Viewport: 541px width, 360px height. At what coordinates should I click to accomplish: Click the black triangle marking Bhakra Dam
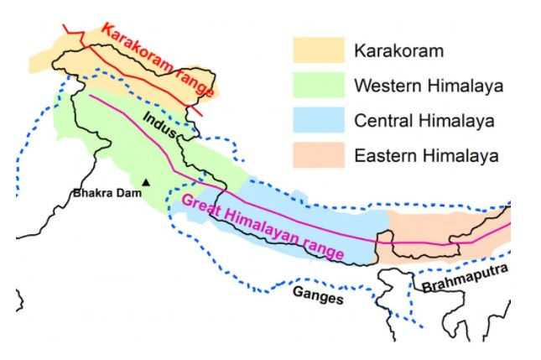[147, 181]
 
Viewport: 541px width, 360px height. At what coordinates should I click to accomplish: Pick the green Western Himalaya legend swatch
[319, 85]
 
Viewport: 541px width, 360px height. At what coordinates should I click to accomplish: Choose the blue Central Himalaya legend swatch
[319, 120]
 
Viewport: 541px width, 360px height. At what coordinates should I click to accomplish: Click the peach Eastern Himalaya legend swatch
[319, 154]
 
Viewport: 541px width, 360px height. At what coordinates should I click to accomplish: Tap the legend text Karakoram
[398, 51]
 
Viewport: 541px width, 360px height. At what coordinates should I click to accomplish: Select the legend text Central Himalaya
[424, 121]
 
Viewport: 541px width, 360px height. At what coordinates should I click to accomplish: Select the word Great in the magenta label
[201, 204]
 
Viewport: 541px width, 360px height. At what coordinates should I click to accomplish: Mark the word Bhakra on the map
[93, 194]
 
